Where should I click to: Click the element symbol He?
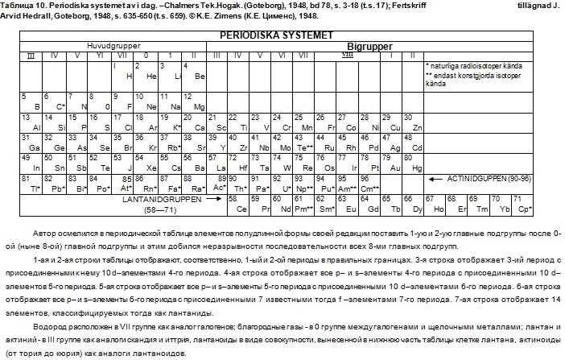click(154, 76)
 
